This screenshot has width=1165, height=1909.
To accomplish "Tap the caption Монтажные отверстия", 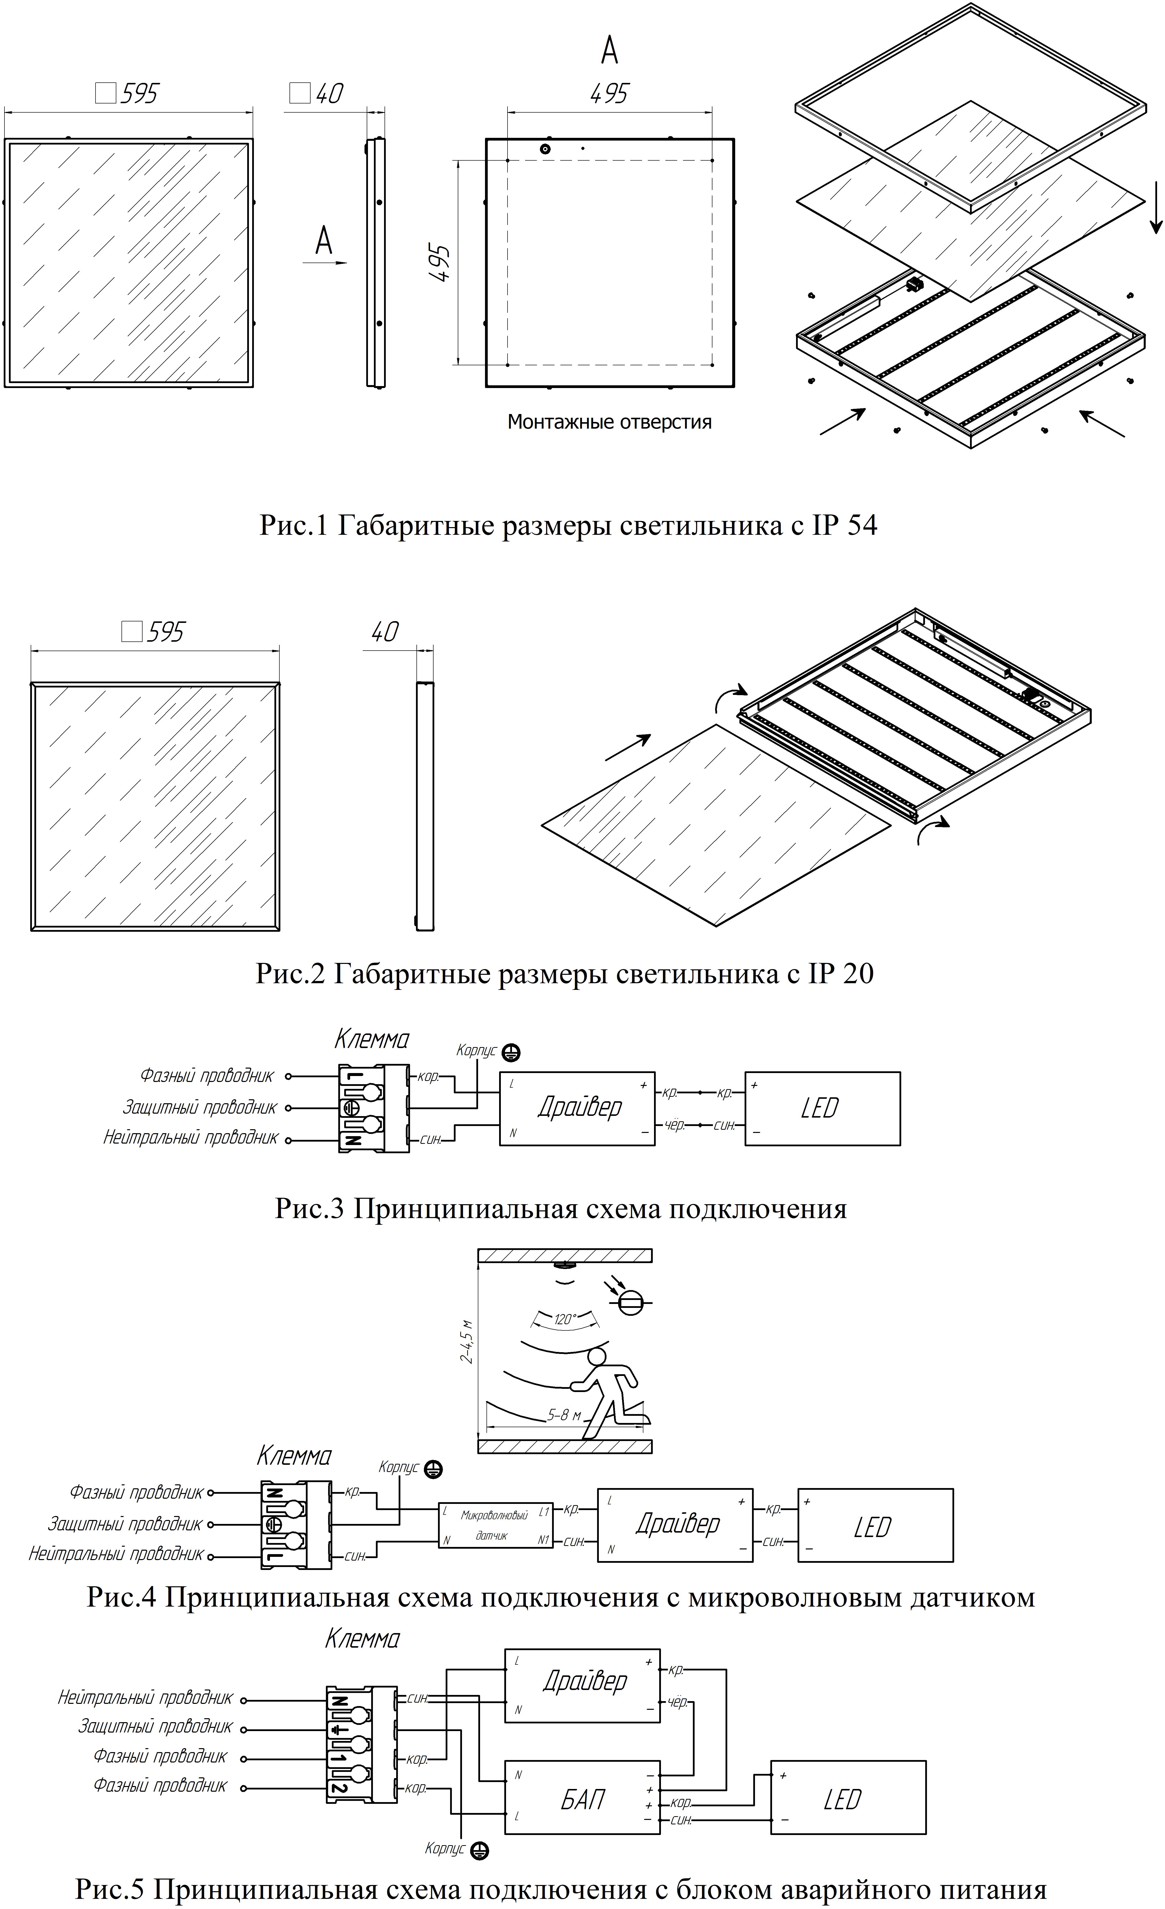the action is (x=609, y=422).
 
